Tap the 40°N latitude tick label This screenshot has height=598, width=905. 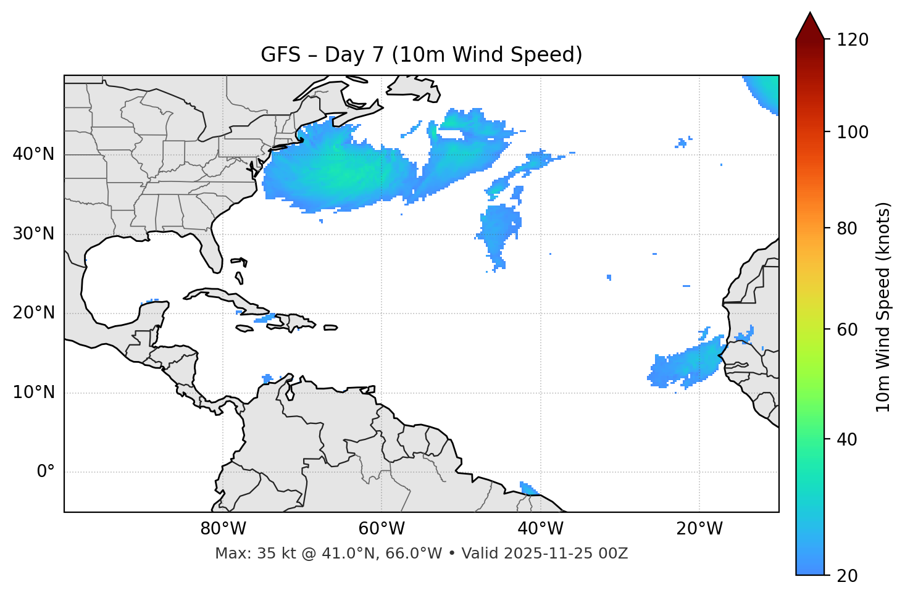tap(34, 154)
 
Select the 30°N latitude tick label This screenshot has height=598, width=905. tap(34, 234)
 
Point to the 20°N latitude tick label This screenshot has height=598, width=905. tap(34, 313)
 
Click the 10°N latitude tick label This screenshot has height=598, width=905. tap(34, 392)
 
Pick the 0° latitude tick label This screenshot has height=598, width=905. tap(46, 471)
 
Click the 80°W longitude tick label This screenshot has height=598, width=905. tap(223, 529)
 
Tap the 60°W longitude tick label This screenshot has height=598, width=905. tap(382, 529)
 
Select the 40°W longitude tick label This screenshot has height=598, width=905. tap(540, 529)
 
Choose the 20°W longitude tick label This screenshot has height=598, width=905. tap(699, 529)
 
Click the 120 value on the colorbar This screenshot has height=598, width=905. tap(853, 40)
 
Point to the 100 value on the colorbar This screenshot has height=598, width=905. tap(853, 132)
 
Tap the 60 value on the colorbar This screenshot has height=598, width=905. tap(847, 330)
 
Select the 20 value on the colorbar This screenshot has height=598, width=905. tap(847, 575)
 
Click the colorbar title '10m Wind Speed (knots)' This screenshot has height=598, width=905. tap(883, 307)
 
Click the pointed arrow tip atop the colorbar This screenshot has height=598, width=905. tap(810, 15)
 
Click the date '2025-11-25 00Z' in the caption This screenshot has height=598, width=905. tap(565, 554)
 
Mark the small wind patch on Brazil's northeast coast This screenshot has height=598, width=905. tap(528, 488)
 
